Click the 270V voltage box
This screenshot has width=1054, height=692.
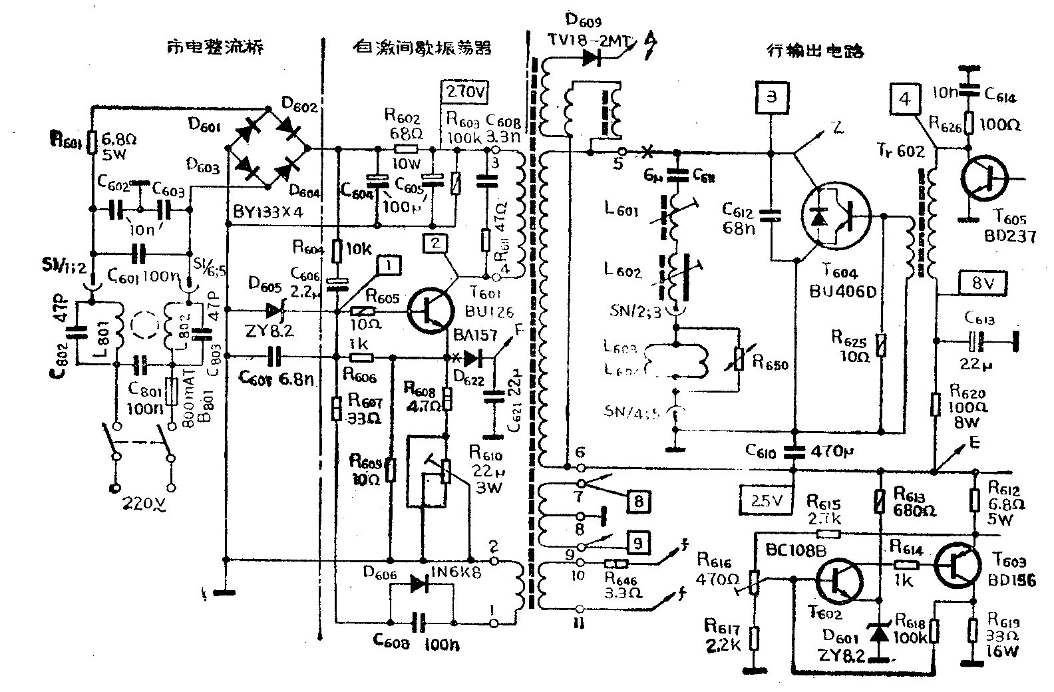[464, 92]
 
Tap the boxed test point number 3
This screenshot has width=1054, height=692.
[771, 97]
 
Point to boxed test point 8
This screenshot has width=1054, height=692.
[637, 501]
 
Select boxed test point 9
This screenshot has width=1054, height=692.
[637, 544]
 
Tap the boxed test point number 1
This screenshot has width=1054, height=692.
[391, 265]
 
